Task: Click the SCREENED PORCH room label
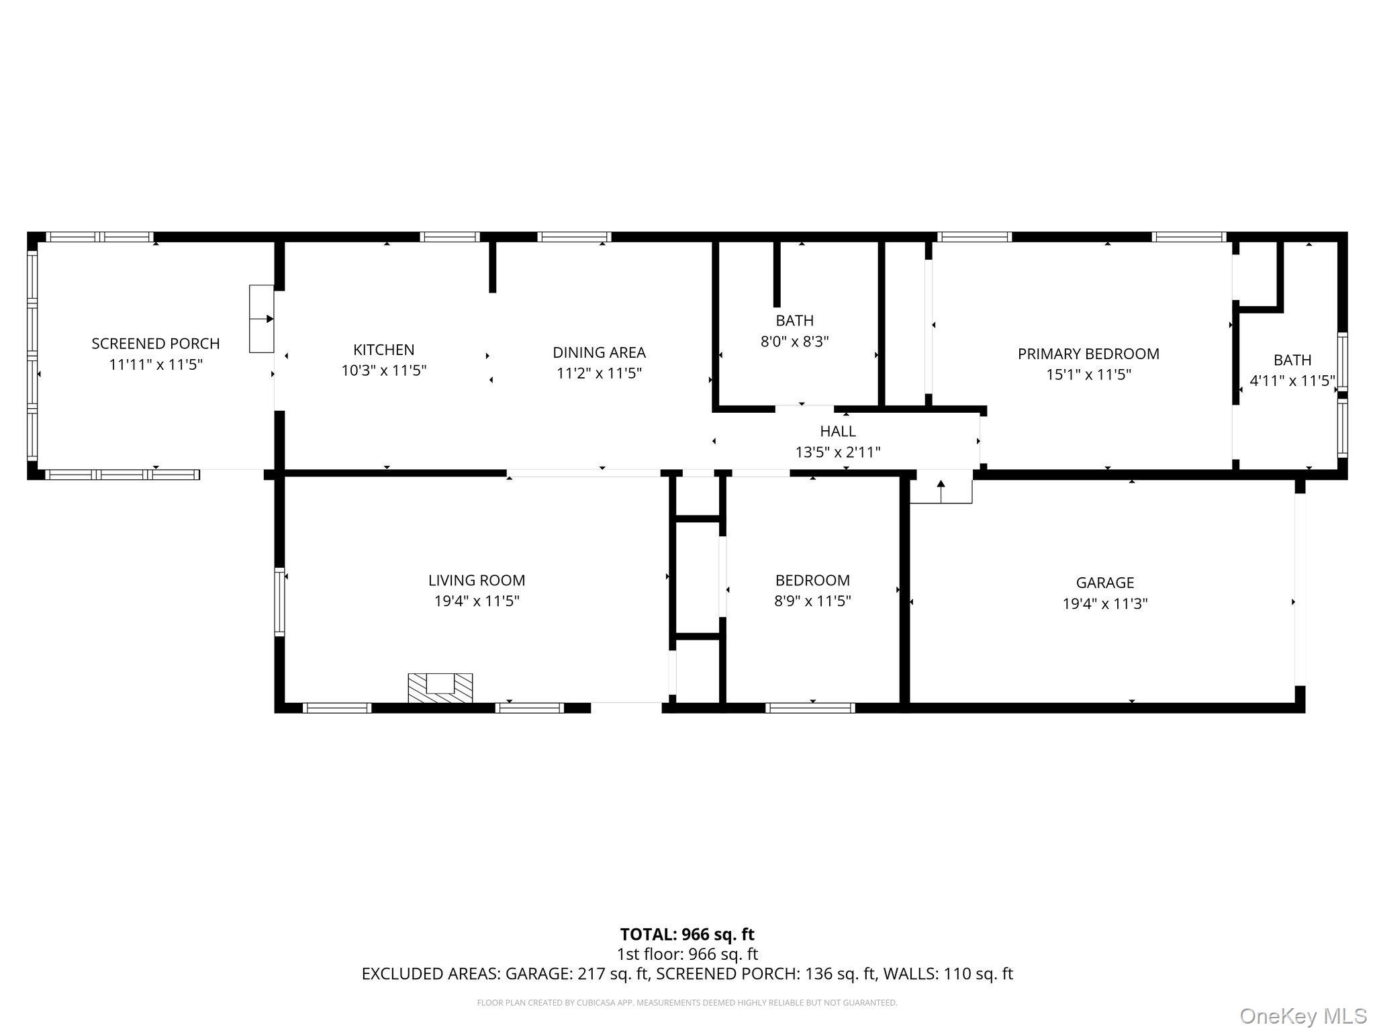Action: click(x=156, y=344)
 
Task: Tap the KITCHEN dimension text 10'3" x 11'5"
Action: click(x=383, y=371)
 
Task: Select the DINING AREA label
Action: click(x=599, y=352)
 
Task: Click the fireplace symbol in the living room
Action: click(x=440, y=688)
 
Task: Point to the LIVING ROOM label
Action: click(x=477, y=580)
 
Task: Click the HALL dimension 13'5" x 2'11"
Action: click(x=837, y=452)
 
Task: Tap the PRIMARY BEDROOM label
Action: click(x=1088, y=354)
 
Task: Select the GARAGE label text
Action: click(x=1104, y=583)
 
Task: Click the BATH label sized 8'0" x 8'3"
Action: click(x=794, y=321)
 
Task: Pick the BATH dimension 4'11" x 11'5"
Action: click(x=1291, y=381)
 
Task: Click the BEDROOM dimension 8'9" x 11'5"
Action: click(x=812, y=601)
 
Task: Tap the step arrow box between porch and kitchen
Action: click(x=261, y=319)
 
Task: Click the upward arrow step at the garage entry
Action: click(x=941, y=491)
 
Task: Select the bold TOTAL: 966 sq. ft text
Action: click(x=687, y=934)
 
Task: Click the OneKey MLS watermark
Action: click(x=1302, y=1016)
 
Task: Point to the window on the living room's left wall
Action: click(x=280, y=602)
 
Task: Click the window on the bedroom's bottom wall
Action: click(x=810, y=707)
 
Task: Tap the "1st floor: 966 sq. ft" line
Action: click(x=687, y=954)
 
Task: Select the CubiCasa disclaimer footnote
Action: click(x=687, y=1003)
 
